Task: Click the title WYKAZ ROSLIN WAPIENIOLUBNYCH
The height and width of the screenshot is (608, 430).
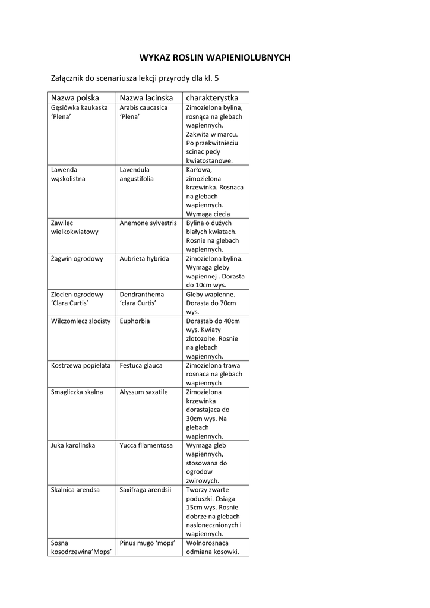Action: (x=214, y=58)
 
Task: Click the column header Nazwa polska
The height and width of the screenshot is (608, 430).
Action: (x=75, y=97)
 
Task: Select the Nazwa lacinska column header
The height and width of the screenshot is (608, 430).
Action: (x=146, y=97)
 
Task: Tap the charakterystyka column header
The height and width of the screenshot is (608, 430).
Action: (x=212, y=97)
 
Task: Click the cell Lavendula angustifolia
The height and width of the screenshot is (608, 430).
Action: (x=137, y=174)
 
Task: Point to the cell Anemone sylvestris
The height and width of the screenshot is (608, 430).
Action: (x=148, y=223)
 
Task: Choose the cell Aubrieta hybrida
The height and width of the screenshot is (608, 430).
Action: (x=144, y=259)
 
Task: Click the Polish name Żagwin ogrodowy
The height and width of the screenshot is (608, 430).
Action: (x=77, y=259)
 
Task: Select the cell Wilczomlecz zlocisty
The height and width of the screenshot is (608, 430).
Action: (x=81, y=321)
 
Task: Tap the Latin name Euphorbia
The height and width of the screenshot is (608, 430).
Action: (x=135, y=321)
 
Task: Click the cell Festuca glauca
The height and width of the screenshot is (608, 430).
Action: (x=141, y=366)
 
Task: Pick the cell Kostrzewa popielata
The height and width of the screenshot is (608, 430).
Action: (x=81, y=366)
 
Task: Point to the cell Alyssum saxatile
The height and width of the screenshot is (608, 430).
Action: (x=144, y=392)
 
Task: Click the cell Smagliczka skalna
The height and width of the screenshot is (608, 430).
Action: (x=77, y=392)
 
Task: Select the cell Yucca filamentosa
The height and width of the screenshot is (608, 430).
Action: (x=146, y=445)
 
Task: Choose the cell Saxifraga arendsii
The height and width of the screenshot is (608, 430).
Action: (x=146, y=490)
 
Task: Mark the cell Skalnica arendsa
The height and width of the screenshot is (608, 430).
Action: (x=75, y=490)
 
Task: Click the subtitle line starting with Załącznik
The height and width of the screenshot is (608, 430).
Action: (x=138, y=77)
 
